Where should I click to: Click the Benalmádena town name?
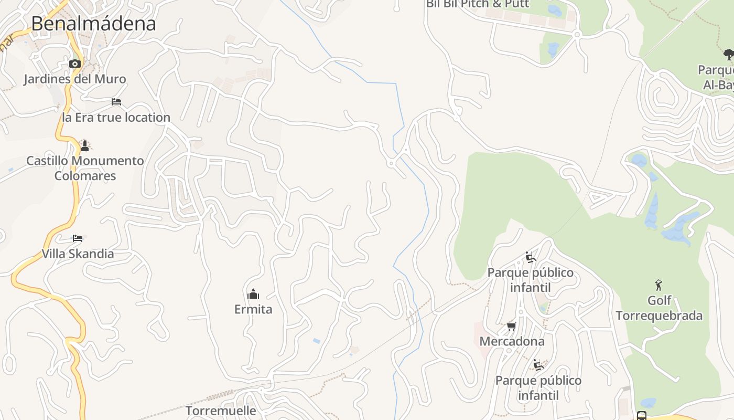[x=93, y=24]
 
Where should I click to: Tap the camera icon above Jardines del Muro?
[x=75, y=64]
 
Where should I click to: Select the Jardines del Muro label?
[x=75, y=79]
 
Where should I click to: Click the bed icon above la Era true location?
[x=116, y=101]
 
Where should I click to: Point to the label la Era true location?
[x=116, y=118]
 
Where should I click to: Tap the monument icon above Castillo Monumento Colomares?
[x=85, y=145]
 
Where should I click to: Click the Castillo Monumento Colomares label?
[x=85, y=168]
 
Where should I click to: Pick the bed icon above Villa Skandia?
[x=78, y=238]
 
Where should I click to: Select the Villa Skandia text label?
[x=78, y=254]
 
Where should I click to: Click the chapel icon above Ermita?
[x=253, y=293]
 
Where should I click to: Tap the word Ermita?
[x=253, y=309]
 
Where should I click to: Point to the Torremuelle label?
[x=221, y=411]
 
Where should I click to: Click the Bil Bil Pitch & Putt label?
[x=478, y=4]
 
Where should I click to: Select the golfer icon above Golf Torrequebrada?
[x=659, y=285]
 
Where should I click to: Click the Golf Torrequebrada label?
[x=659, y=308]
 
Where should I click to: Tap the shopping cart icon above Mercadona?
[x=512, y=326]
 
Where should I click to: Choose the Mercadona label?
[x=512, y=341]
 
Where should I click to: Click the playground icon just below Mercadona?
[x=538, y=364]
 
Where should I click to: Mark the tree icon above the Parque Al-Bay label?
[x=728, y=54]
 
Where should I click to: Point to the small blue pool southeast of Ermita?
[x=316, y=341]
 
